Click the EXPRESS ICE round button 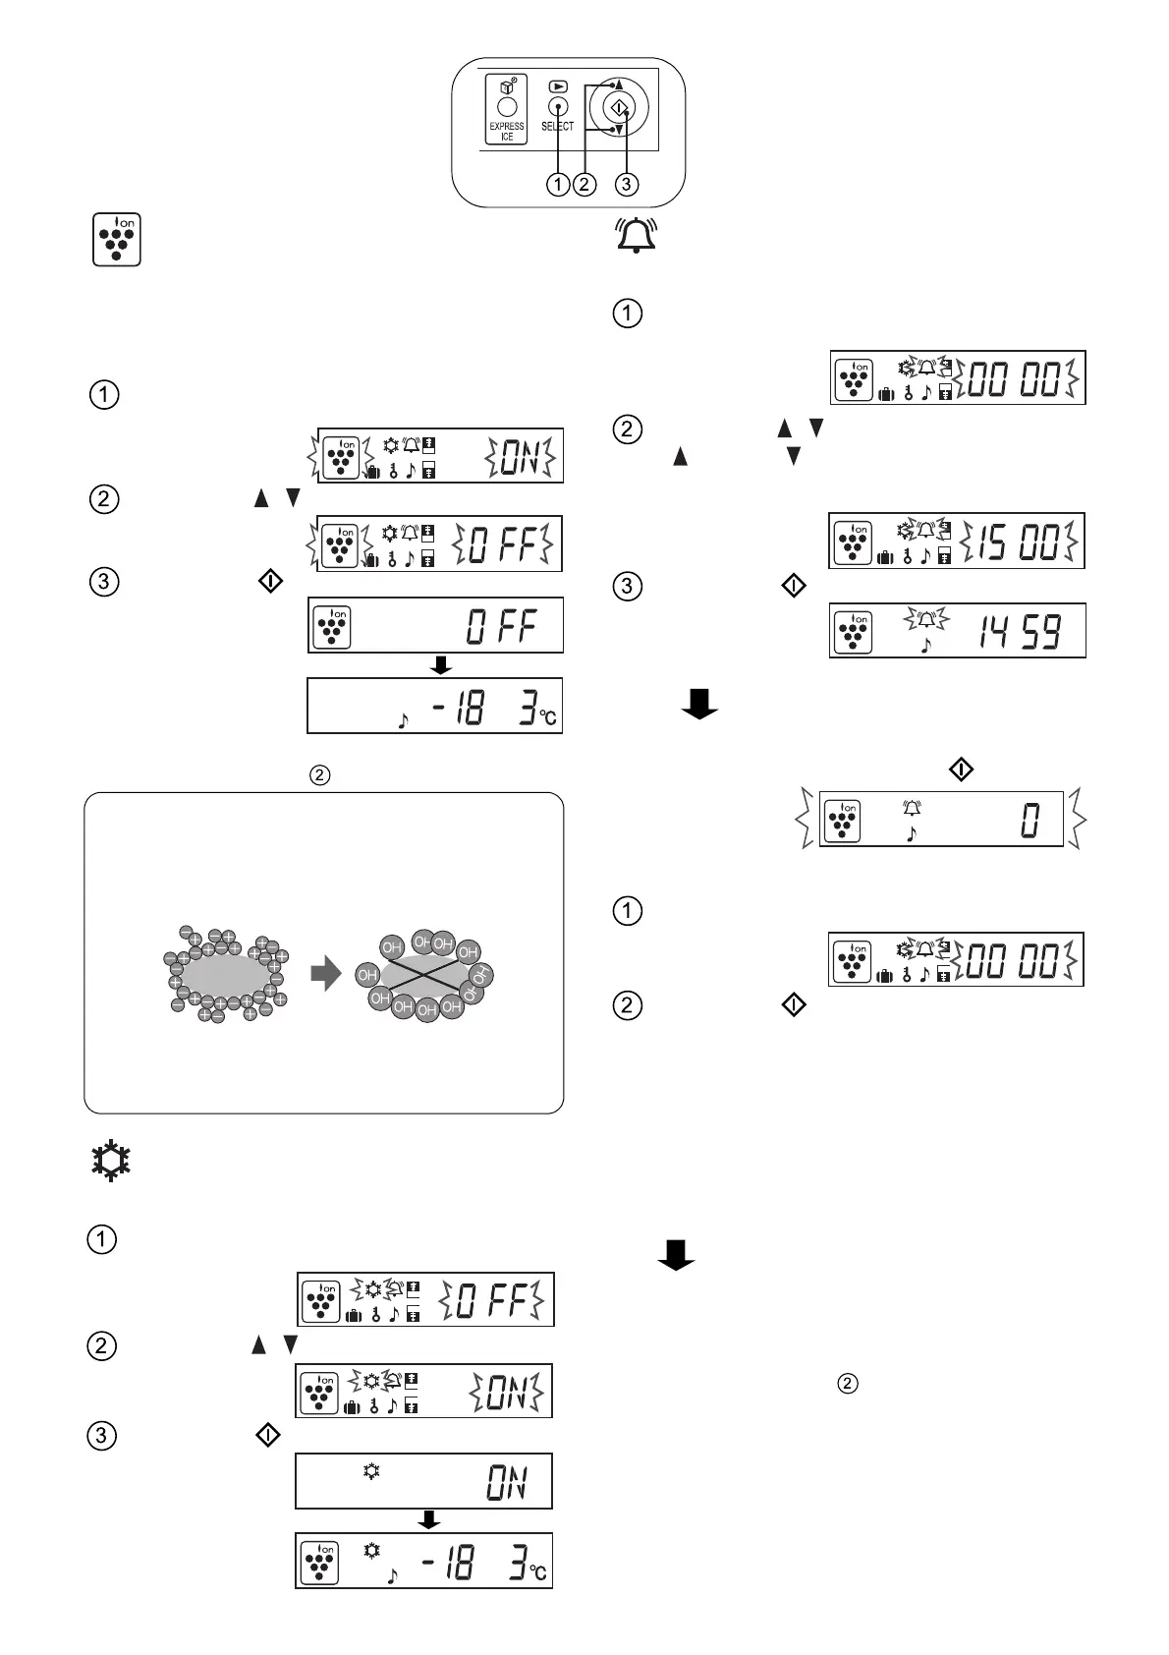click(507, 107)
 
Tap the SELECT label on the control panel click(557, 127)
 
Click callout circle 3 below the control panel click(626, 184)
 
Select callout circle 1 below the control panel click(558, 184)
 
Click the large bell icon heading click(636, 236)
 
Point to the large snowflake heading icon click(111, 1161)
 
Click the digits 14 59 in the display click(1019, 632)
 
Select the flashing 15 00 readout click(1019, 541)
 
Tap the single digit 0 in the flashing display click(1030, 820)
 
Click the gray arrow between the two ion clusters click(326, 974)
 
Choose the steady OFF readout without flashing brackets click(502, 626)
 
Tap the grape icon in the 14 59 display click(852, 632)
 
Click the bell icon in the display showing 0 click(913, 808)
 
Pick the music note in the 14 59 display click(924, 646)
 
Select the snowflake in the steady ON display click(371, 1472)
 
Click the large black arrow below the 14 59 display click(698, 704)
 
